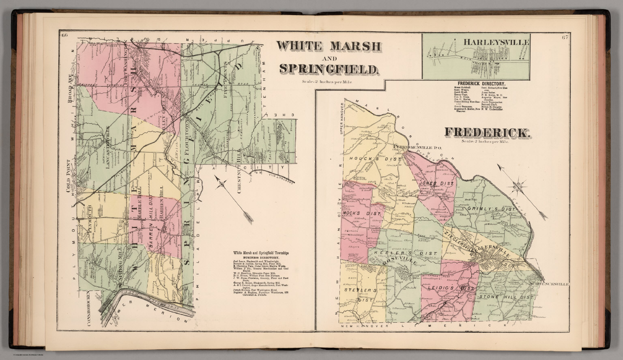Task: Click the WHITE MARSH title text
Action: pos(329,46)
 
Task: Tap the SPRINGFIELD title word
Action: pos(329,69)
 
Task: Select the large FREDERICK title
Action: pos(487,132)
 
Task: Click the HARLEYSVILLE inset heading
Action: pos(496,42)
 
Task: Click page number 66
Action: pos(64,35)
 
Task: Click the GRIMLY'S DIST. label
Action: pos(491,209)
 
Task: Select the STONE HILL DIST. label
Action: pos(507,297)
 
